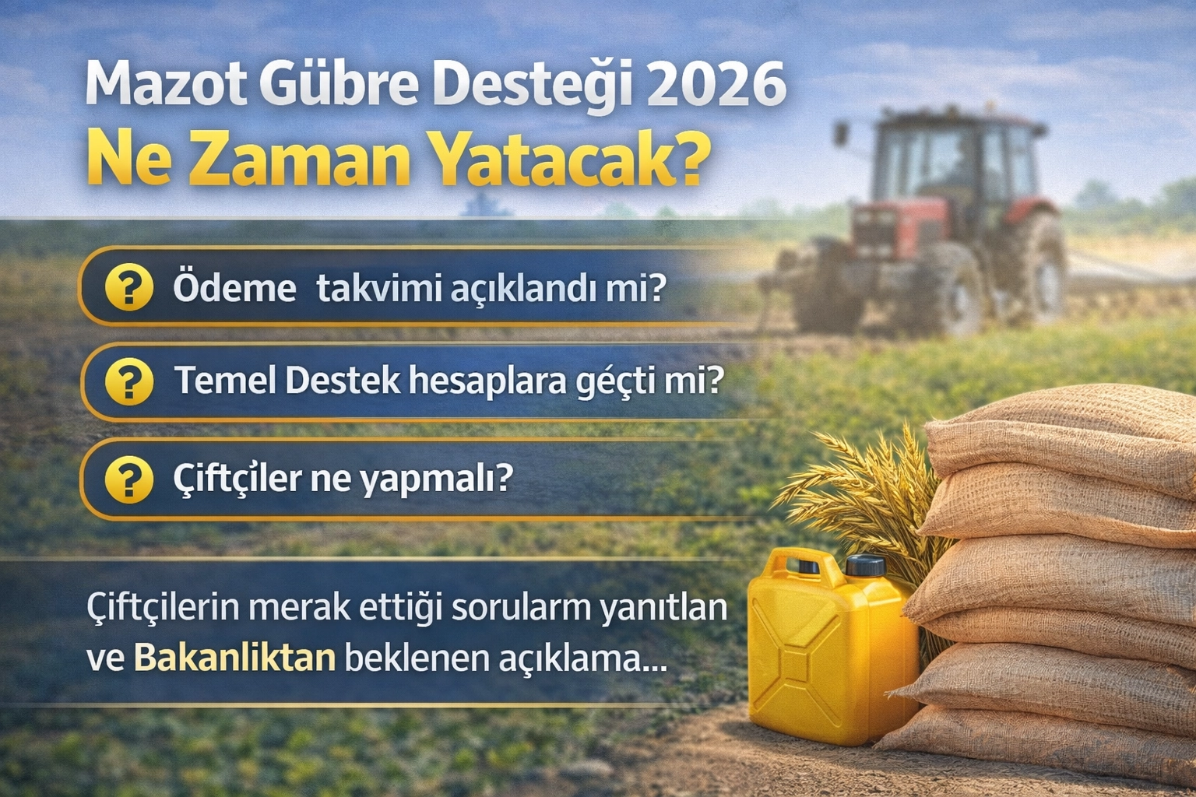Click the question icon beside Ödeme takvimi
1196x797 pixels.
[129, 286]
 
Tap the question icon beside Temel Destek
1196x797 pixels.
[129, 381]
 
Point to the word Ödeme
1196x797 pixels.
[234, 288]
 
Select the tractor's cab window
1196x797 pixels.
[945, 160]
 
